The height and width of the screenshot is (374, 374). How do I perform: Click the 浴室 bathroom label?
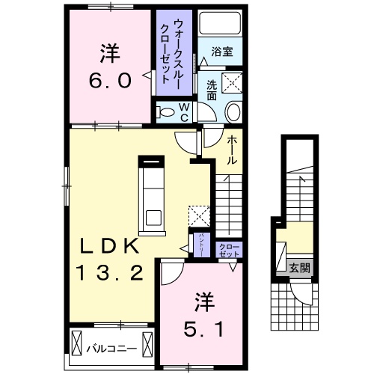(221, 52)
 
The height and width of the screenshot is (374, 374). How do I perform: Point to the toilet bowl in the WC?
(165, 112)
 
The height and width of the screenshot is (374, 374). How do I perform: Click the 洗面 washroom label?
(211, 90)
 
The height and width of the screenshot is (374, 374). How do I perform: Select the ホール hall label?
(233, 150)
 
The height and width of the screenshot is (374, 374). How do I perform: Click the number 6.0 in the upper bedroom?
(111, 79)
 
